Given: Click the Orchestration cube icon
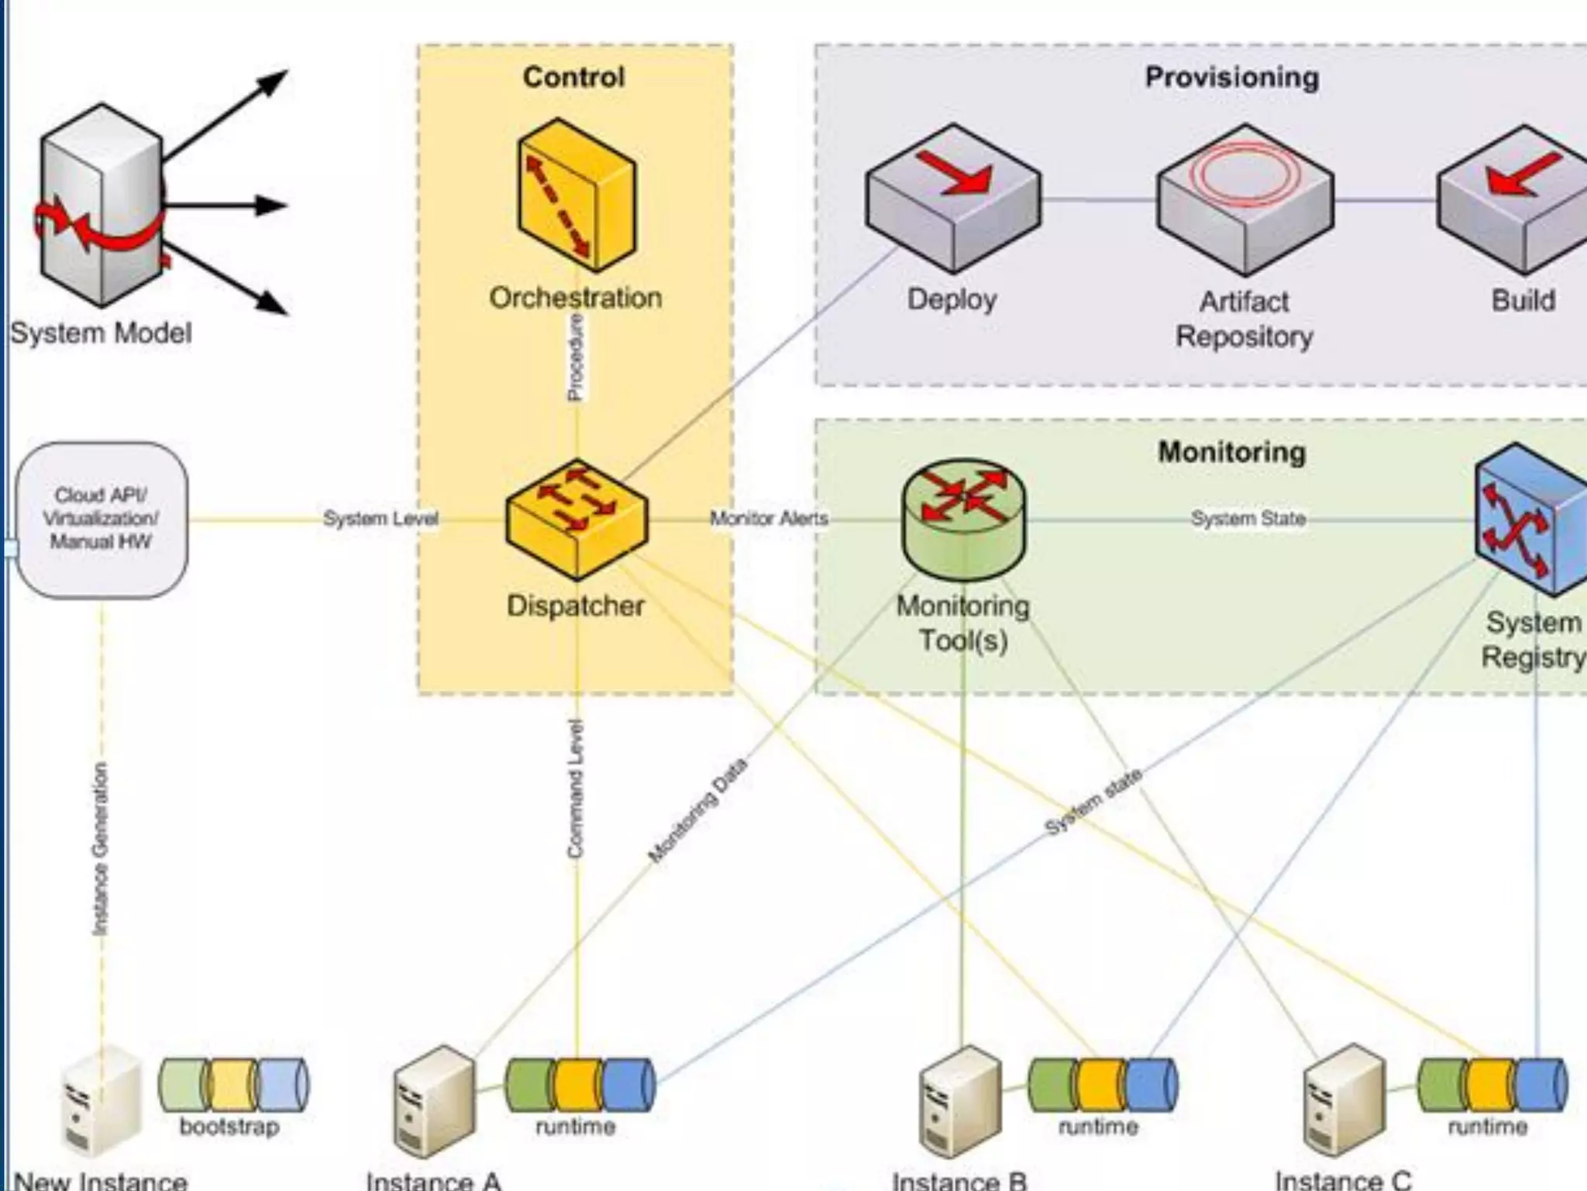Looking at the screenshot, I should [x=577, y=195].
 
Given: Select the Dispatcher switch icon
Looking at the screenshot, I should [x=577, y=518].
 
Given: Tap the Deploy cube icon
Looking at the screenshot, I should [x=953, y=198].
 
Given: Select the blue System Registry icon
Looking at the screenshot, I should [x=1530, y=518].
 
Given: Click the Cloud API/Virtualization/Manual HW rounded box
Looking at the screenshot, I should [x=102, y=519].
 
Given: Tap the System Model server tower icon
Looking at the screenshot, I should [x=101, y=205].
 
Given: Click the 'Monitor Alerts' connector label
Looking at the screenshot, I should [x=769, y=518].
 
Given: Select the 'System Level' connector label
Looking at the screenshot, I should [x=380, y=518].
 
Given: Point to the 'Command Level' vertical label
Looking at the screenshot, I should [x=575, y=789].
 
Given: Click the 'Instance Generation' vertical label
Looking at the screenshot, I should [x=101, y=848].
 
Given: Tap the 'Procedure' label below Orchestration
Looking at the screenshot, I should [x=576, y=359].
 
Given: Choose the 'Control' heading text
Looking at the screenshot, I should [x=573, y=77].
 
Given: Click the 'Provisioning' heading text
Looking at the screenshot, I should [x=1232, y=77].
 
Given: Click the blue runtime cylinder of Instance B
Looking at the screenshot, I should [x=1152, y=1085].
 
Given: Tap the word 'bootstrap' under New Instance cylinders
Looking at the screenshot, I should [x=229, y=1126].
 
